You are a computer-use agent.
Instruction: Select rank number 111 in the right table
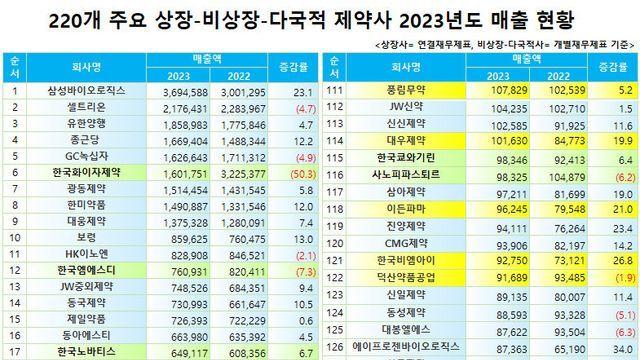click(336, 91)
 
